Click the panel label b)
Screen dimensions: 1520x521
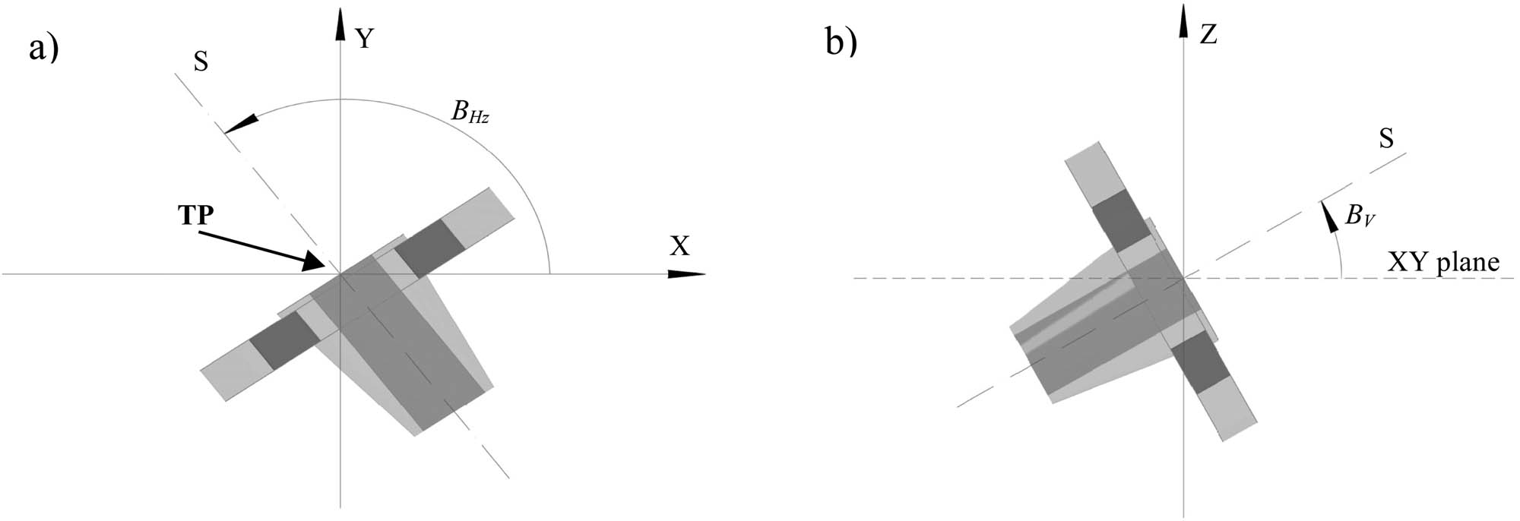(x=841, y=43)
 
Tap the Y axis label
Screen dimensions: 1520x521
(x=365, y=37)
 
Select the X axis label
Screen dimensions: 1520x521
(x=679, y=245)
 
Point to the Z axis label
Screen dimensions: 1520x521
(x=1208, y=34)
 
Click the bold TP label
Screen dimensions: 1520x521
(x=196, y=216)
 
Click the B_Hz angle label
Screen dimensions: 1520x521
(x=469, y=112)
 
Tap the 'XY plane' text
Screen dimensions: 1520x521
(x=1443, y=262)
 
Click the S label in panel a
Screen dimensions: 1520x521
(x=201, y=62)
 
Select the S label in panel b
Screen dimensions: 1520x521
(x=1386, y=138)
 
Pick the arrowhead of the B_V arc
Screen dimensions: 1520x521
(x=1328, y=214)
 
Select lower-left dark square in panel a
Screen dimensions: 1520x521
(x=284, y=341)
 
